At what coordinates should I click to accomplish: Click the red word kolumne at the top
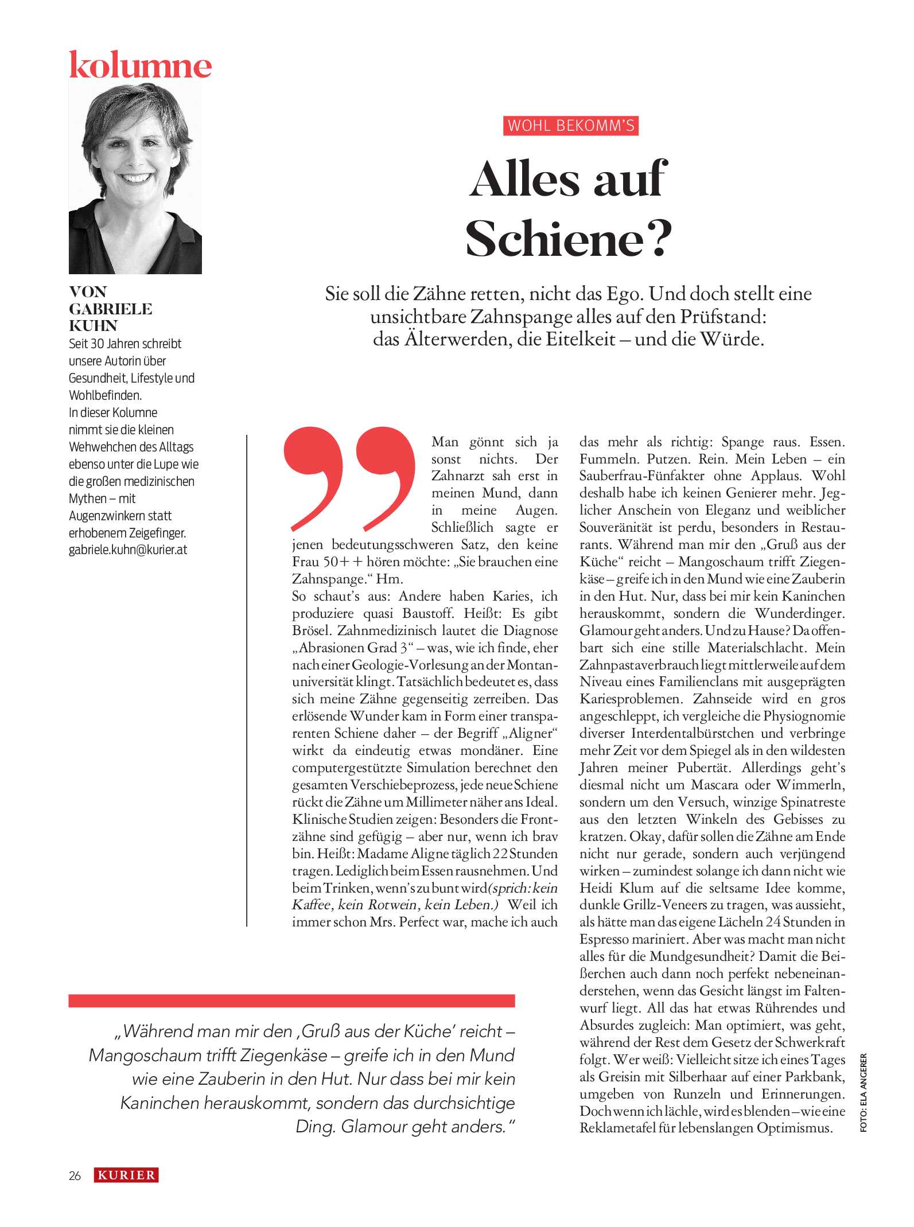pos(140,65)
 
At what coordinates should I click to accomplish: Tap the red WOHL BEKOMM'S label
pos(571,126)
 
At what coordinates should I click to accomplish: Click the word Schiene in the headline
pos(554,239)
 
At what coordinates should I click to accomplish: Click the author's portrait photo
pos(135,178)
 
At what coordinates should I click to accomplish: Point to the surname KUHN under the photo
pos(93,326)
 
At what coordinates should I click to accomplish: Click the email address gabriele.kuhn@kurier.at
pos(128,550)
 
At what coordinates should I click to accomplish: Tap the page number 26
pos(75,1175)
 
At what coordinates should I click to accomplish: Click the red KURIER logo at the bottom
pos(126,1175)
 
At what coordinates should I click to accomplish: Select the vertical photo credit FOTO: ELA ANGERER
pos(864,1092)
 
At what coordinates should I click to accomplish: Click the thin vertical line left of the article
pos(247,680)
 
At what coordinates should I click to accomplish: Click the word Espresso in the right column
pos(605,940)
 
